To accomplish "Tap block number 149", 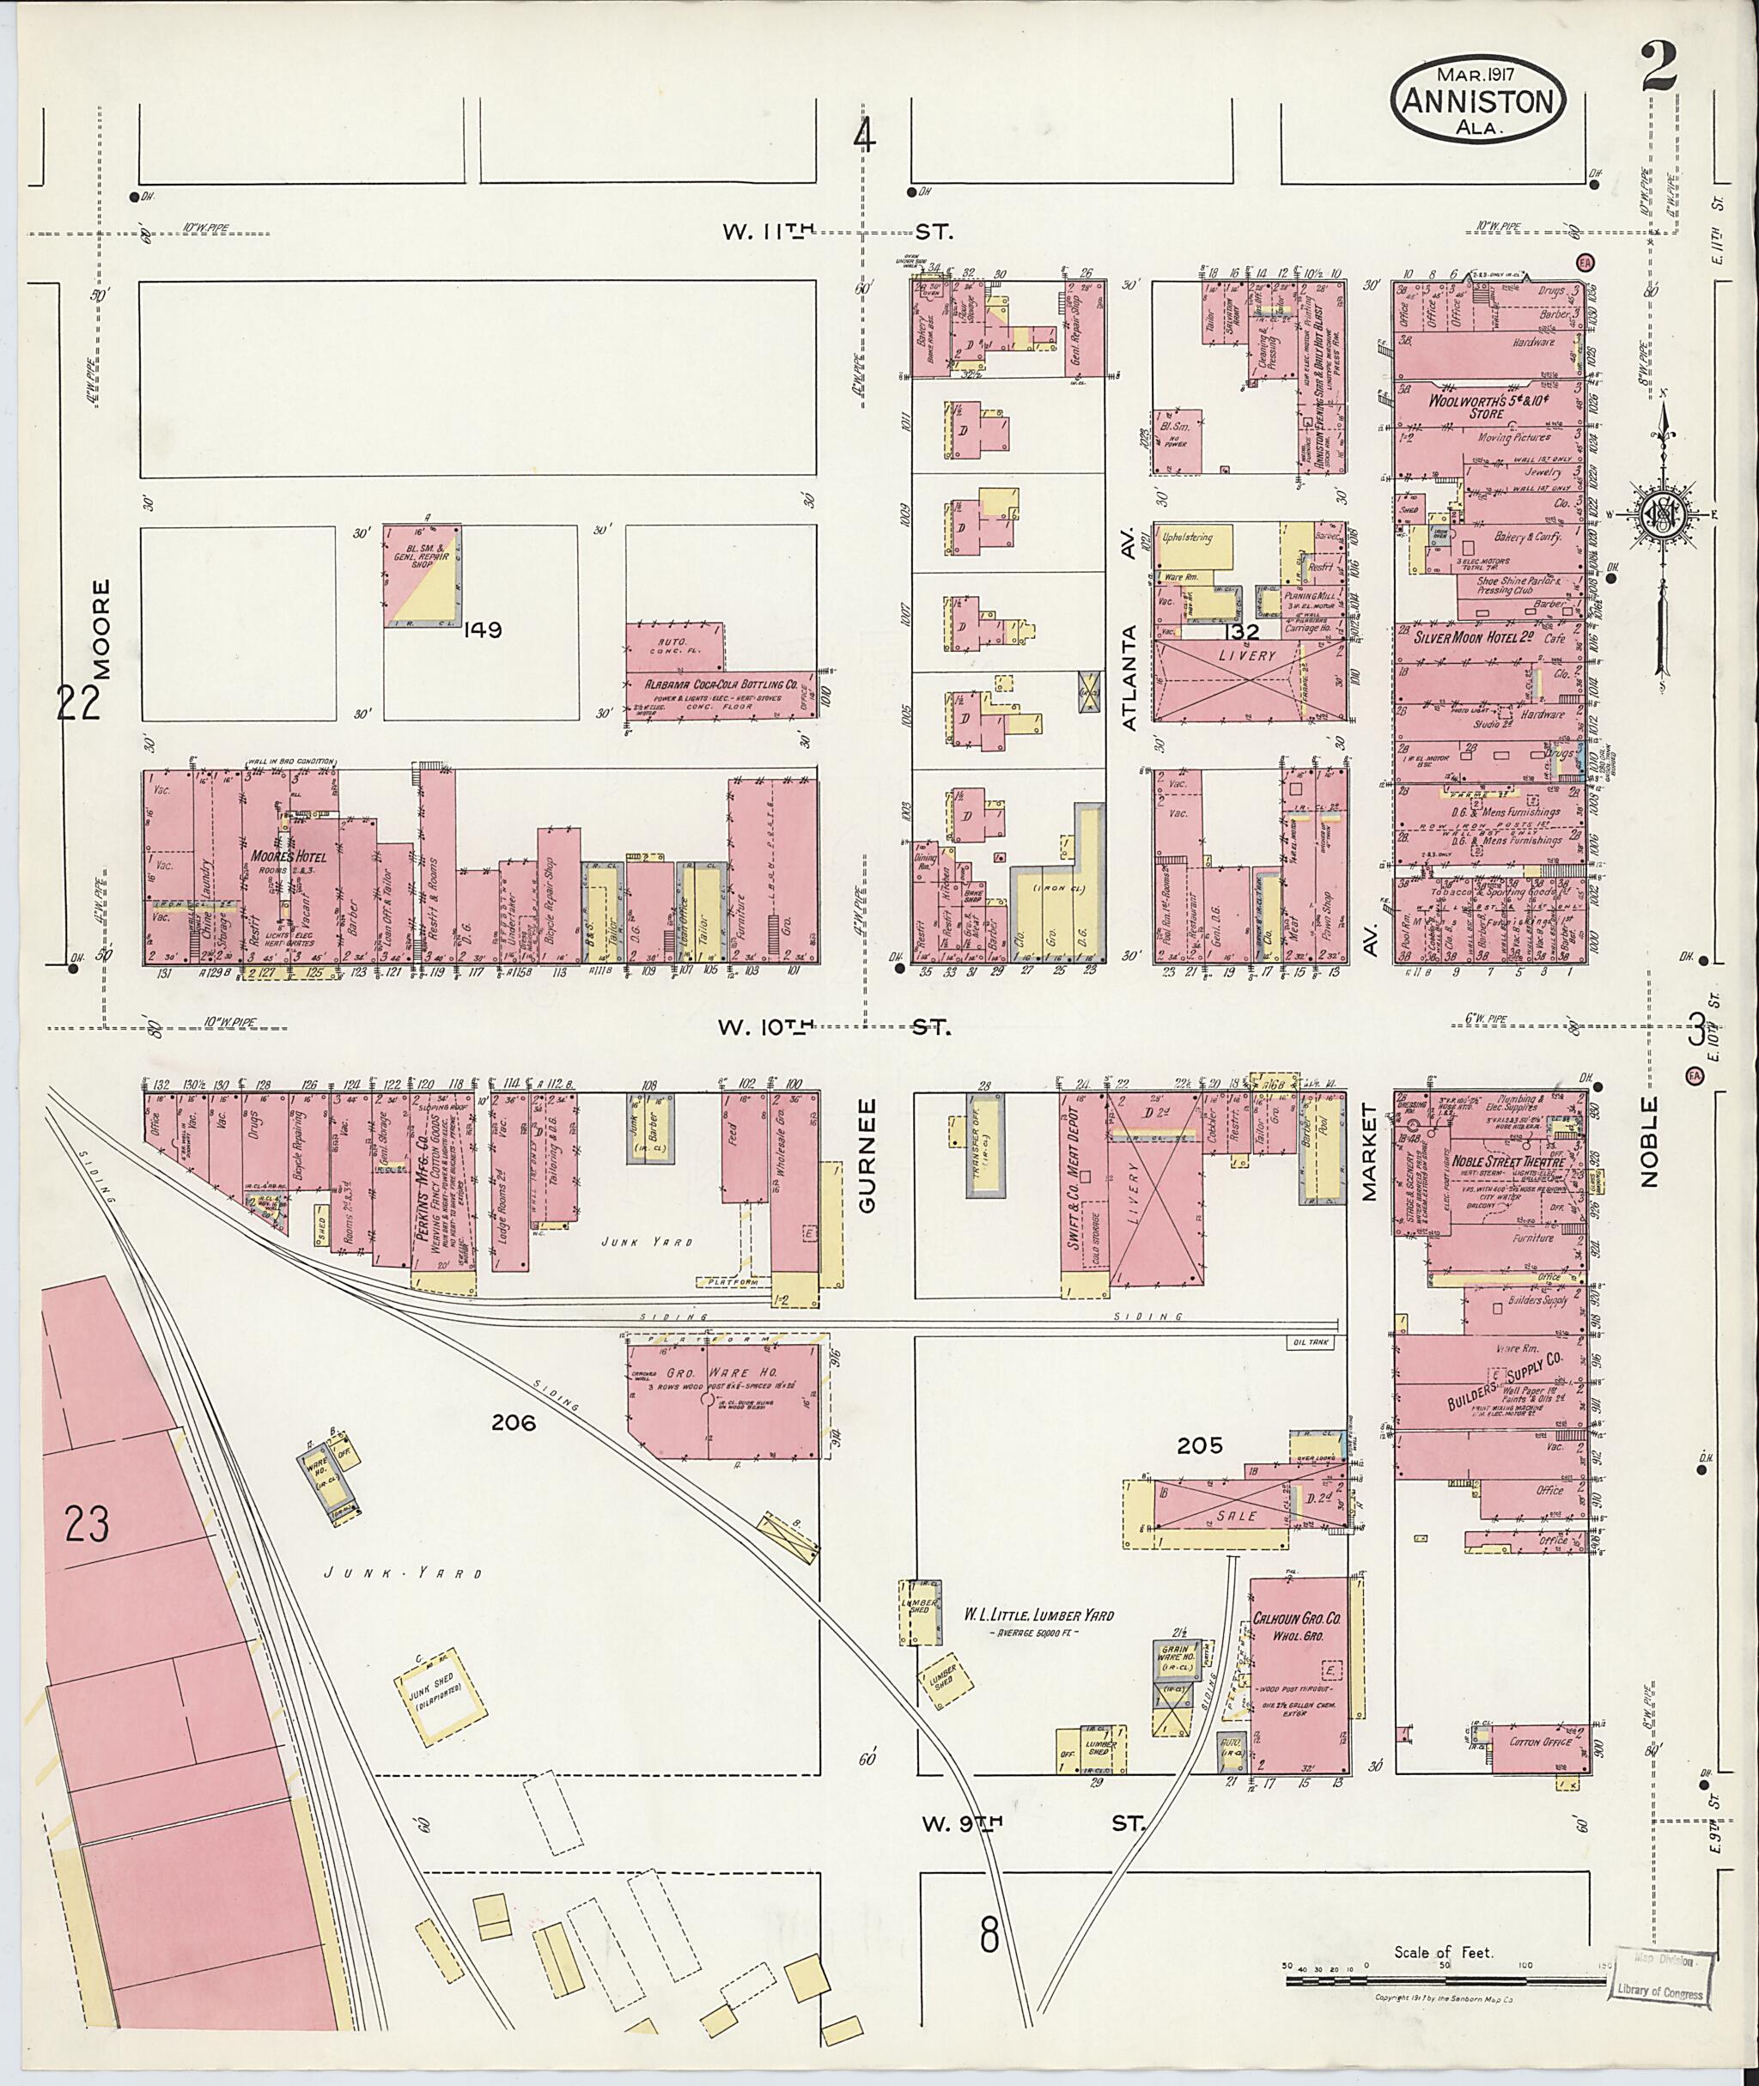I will pyautogui.click(x=482, y=629).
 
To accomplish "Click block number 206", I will pyautogui.click(x=513, y=1423).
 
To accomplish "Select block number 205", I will pyautogui.click(x=1199, y=1446).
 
